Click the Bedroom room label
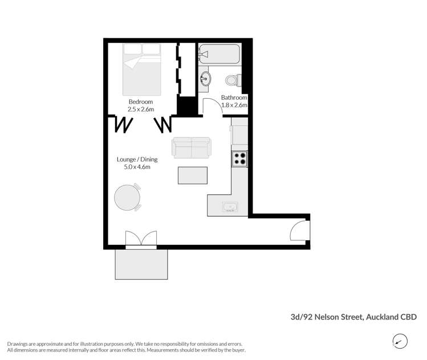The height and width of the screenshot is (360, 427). [141, 102]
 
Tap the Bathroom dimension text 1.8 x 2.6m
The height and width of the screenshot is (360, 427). [234, 105]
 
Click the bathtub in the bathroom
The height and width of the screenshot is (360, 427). [220, 55]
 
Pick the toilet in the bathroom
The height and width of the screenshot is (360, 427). [231, 80]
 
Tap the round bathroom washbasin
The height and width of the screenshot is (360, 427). [206, 78]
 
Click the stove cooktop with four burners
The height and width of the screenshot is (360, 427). [239, 159]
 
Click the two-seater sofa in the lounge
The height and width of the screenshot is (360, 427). [191, 148]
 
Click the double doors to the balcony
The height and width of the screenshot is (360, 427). [140, 238]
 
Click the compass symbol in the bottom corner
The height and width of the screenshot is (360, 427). [401, 341]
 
